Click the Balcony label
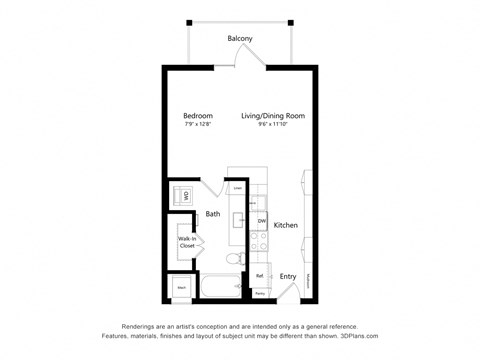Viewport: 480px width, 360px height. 240,38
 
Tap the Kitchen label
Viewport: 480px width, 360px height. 286,226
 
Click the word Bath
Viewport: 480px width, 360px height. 213,214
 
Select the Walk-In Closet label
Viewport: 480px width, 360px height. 186,242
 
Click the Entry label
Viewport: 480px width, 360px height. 288,276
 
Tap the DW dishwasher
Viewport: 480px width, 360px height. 261,220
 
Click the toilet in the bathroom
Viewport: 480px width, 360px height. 232,261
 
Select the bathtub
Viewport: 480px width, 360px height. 216,288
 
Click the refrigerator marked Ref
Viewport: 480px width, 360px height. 260,275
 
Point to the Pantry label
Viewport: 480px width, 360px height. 260,294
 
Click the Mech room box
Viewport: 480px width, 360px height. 182,288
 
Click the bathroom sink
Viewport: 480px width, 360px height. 240,219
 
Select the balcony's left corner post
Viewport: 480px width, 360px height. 188,22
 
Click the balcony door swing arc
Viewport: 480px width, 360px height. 249,62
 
